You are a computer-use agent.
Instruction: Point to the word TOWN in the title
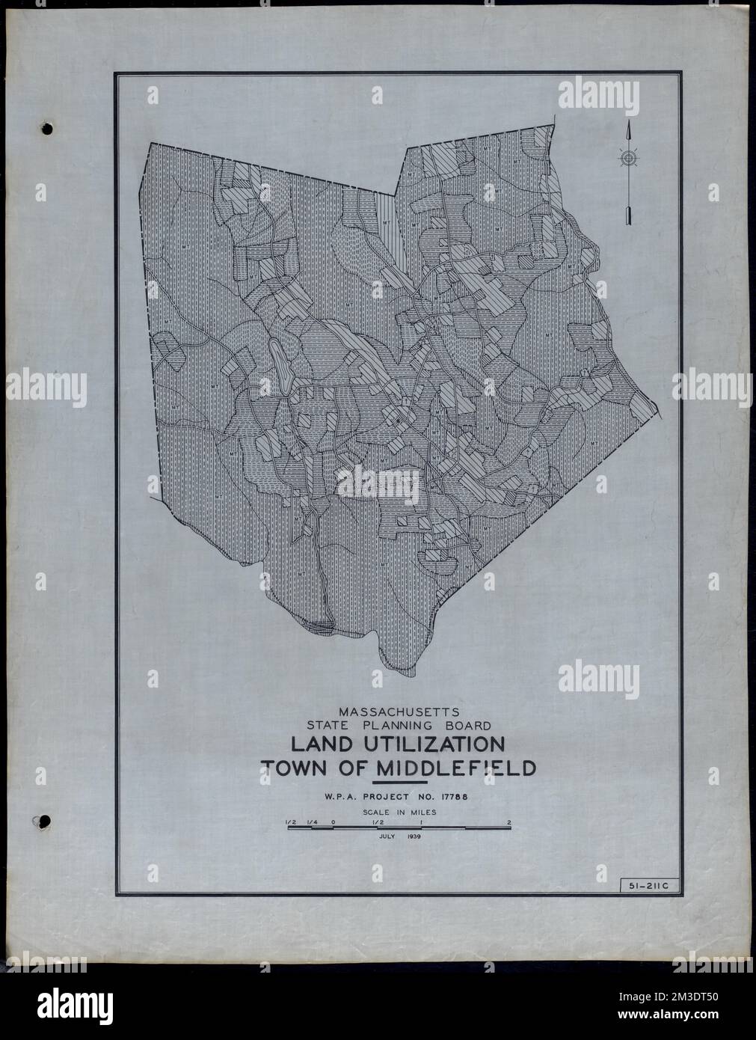tap(294, 769)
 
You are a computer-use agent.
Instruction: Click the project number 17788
tap(467, 797)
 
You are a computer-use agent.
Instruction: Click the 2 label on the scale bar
tap(509, 822)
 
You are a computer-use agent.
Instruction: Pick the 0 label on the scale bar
tap(332, 822)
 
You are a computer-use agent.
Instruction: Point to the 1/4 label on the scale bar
tap(310, 822)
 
